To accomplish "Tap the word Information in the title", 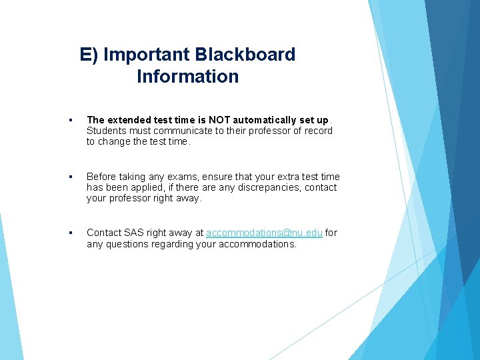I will [187, 77].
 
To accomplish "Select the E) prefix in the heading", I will [89, 54].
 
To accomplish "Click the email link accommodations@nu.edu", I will [264, 233].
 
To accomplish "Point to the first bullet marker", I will [70, 121].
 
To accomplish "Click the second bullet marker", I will [70, 177].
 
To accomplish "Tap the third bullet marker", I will [70, 233].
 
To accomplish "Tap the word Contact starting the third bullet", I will [104, 233].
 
